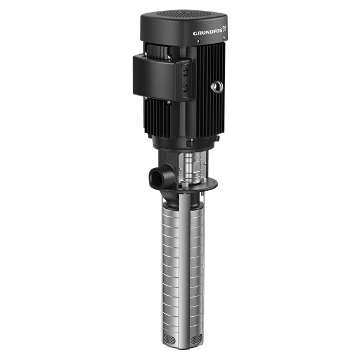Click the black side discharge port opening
154,178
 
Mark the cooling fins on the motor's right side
207,114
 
